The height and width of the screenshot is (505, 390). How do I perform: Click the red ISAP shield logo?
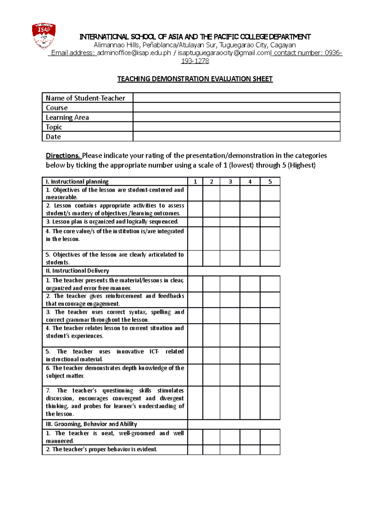click(x=44, y=36)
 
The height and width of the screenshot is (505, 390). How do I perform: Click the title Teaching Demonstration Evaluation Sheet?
click(x=195, y=79)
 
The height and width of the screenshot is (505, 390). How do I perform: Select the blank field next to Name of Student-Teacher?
click(x=236, y=98)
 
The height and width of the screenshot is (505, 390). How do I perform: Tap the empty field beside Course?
click(x=236, y=108)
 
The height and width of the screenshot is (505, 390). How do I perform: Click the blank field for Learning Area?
click(x=236, y=117)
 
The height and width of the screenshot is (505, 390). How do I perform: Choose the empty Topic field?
click(x=236, y=127)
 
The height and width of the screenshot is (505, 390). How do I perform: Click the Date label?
click(x=53, y=137)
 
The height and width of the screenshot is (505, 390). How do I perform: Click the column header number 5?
click(x=270, y=182)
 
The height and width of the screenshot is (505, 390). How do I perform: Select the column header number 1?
click(x=195, y=182)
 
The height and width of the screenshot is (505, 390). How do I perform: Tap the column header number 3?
click(x=230, y=182)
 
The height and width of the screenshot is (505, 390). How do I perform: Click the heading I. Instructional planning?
click(x=77, y=182)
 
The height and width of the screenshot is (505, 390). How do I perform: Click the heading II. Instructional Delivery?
click(x=77, y=271)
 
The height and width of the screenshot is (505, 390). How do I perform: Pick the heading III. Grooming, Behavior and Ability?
click(x=91, y=424)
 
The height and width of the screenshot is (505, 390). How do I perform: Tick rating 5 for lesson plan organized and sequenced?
click(x=270, y=222)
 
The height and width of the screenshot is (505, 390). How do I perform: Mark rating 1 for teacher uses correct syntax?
click(x=195, y=316)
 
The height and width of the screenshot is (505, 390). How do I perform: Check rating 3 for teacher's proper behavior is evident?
click(x=230, y=449)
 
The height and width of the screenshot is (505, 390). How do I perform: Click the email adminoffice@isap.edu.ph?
click(x=134, y=53)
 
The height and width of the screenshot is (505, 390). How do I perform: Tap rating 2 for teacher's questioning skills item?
click(x=211, y=403)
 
